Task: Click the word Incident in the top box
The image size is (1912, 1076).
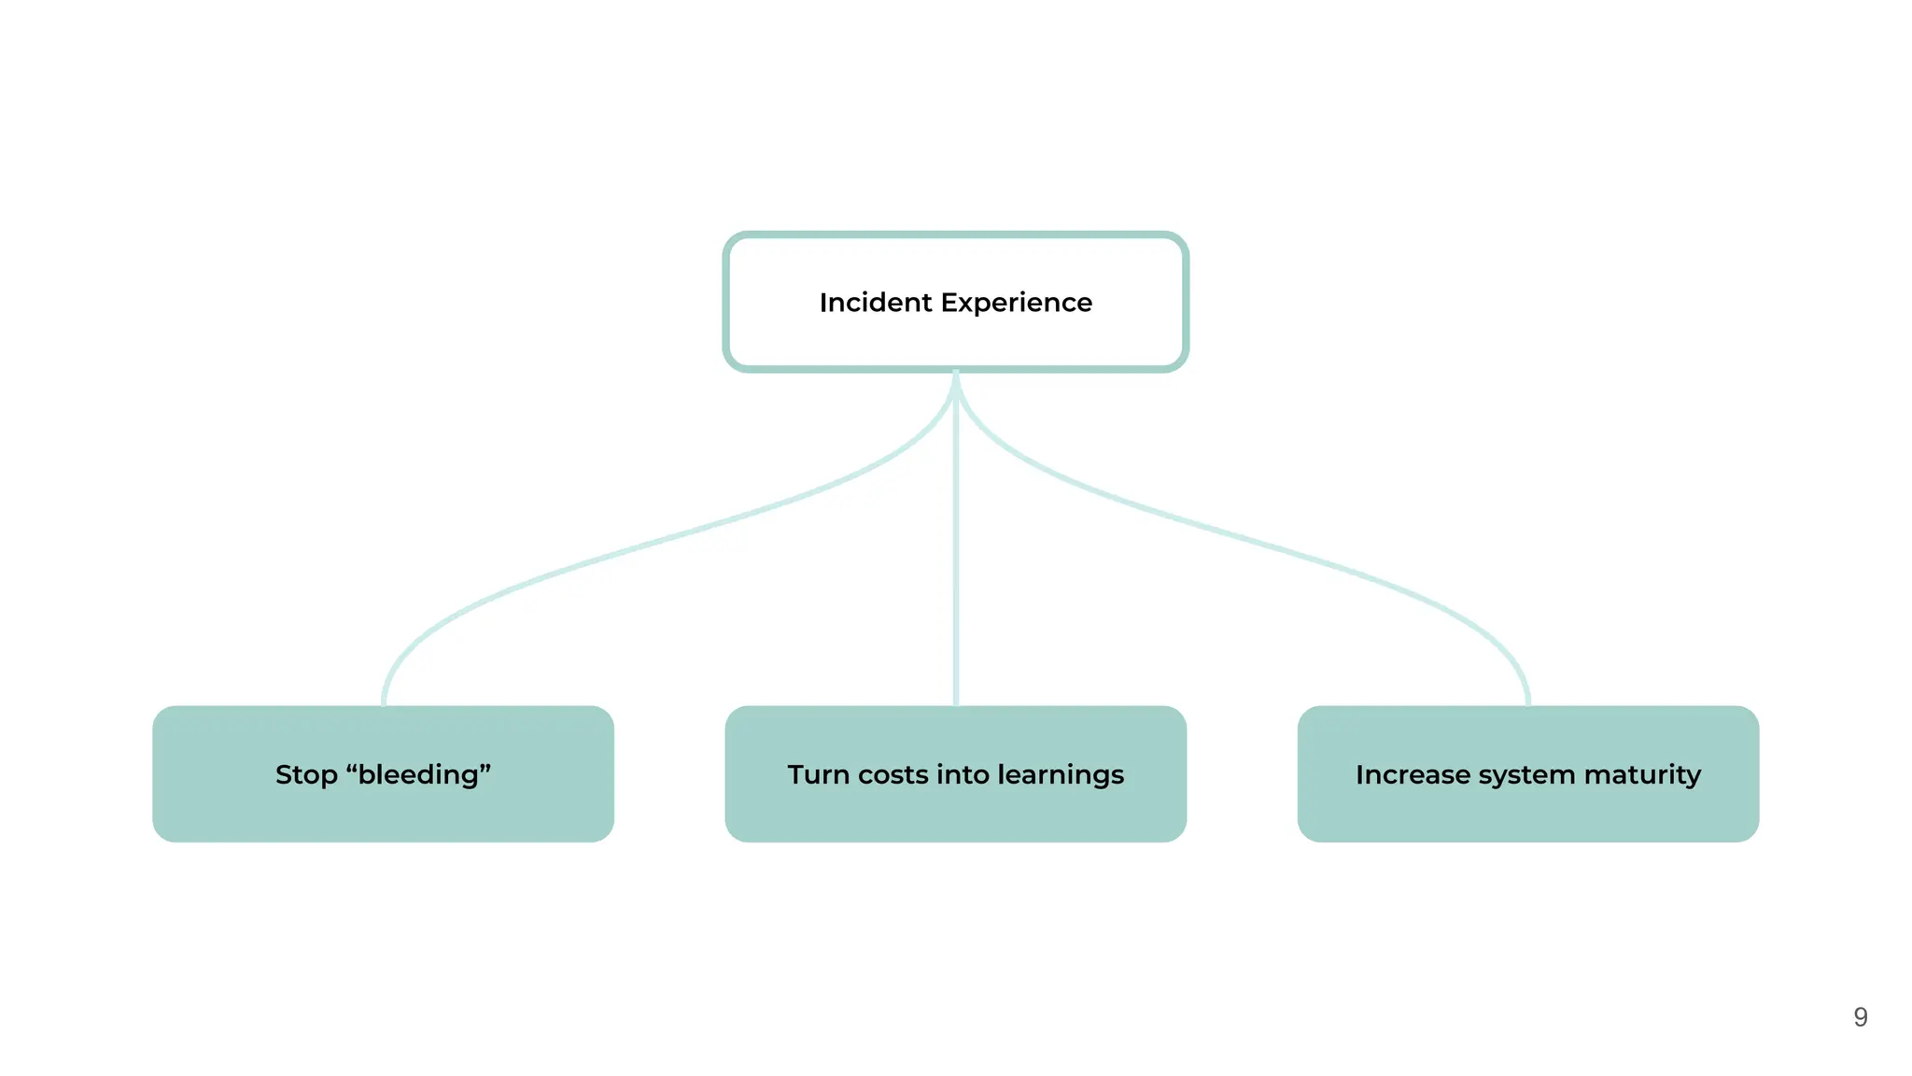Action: point(875,303)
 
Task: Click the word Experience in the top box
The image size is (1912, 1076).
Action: point(1016,303)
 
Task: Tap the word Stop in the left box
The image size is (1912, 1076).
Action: point(305,774)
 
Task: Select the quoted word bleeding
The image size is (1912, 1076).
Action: point(419,774)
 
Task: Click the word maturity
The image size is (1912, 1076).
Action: point(1642,774)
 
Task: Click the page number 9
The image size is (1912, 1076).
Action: point(1860,1017)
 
